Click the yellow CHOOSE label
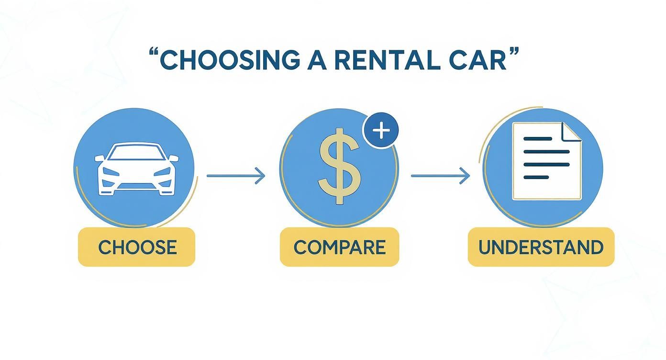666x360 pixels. click(137, 247)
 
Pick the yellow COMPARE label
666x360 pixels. click(339, 247)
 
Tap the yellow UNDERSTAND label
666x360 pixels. click(541, 247)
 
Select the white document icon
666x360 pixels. click(546, 161)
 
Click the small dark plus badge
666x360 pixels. click(381, 131)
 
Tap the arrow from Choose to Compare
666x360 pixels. click(235, 176)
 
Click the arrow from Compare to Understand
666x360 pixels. click(440, 176)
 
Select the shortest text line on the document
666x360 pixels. click(536, 177)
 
